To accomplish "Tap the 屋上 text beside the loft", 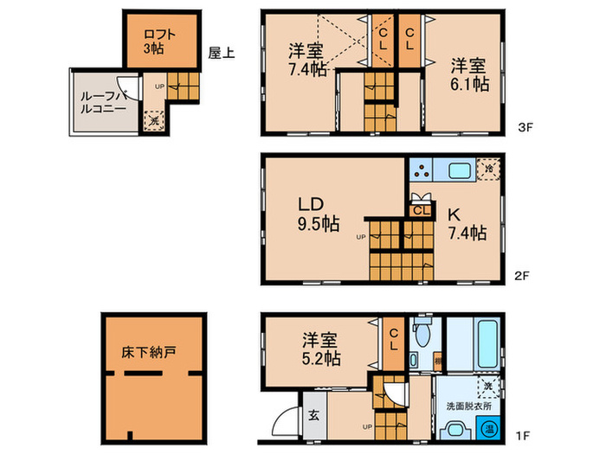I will [x=220, y=52].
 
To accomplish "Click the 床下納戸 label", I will [x=156, y=353].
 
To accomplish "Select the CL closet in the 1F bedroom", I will [x=393, y=341].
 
